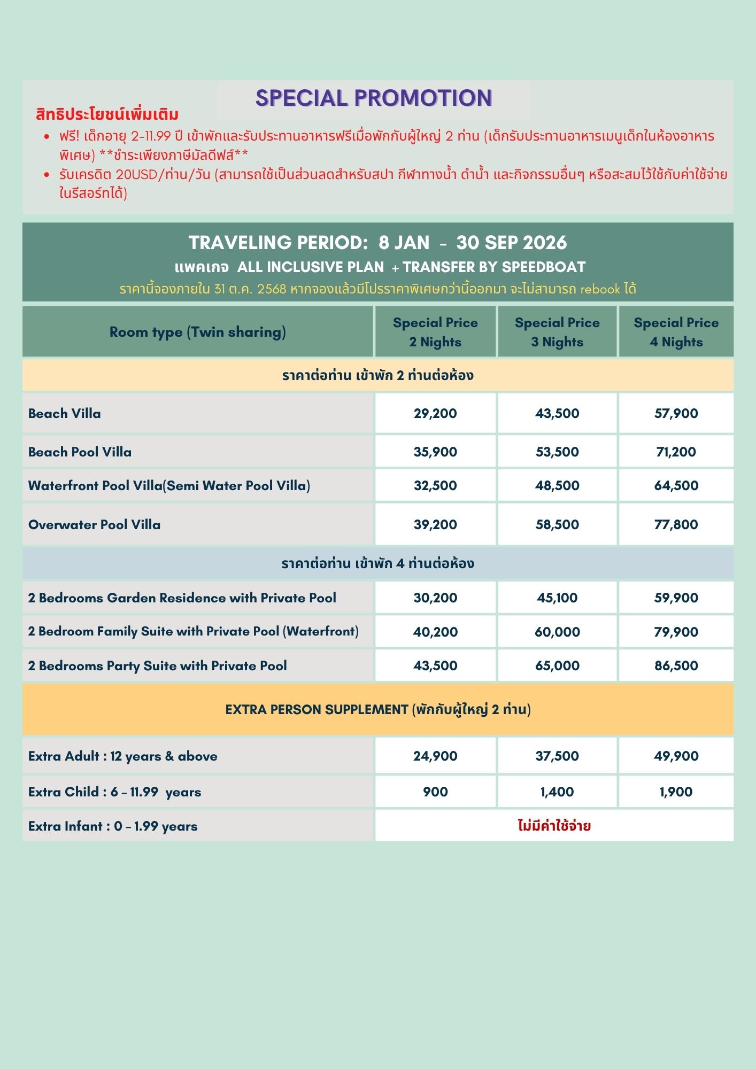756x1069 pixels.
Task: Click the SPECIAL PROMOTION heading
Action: (x=374, y=98)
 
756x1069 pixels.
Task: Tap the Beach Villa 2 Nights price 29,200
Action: (x=435, y=413)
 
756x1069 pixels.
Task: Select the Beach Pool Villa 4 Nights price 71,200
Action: (x=676, y=452)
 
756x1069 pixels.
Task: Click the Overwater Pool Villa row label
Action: (x=95, y=524)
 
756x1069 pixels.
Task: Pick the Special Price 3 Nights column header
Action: (x=557, y=332)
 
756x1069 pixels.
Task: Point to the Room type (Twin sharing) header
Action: (x=197, y=332)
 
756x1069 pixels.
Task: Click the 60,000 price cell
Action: (x=557, y=632)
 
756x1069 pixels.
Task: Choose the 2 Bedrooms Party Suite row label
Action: (x=158, y=665)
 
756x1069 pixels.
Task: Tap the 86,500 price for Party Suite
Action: (x=676, y=665)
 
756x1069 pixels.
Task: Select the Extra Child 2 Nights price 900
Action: (x=435, y=792)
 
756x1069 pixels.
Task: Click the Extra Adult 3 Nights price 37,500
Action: (x=557, y=756)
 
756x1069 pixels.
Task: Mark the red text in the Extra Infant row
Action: (x=554, y=826)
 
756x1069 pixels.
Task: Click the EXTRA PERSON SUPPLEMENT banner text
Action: (x=378, y=709)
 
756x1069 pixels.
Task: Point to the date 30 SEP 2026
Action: (x=511, y=243)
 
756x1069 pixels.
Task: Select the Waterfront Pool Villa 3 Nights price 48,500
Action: (x=557, y=485)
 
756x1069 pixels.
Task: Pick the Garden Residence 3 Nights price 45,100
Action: (x=557, y=598)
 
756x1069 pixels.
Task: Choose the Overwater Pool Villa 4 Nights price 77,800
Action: (x=676, y=524)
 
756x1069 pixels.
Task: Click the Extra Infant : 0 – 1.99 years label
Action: (x=113, y=826)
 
